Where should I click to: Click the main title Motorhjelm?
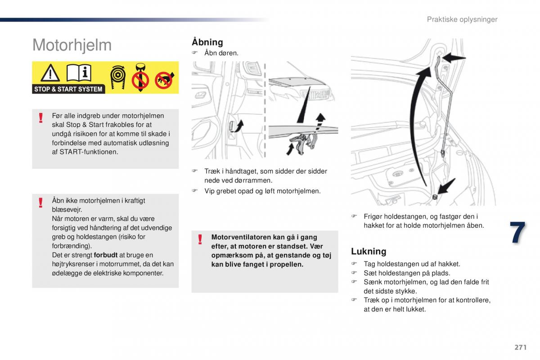click(x=72, y=45)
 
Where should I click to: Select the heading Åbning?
click(x=207, y=42)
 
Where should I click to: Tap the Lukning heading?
click(x=369, y=251)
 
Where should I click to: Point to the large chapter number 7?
click(x=517, y=234)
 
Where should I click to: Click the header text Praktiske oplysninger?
click(x=462, y=19)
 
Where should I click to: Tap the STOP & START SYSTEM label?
click(x=68, y=89)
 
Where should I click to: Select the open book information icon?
click(x=79, y=72)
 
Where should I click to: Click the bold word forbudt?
click(x=106, y=255)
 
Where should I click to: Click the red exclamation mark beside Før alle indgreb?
click(x=40, y=118)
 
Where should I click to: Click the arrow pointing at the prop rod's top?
click(x=455, y=57)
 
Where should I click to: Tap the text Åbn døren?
click(x=221, y=53)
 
